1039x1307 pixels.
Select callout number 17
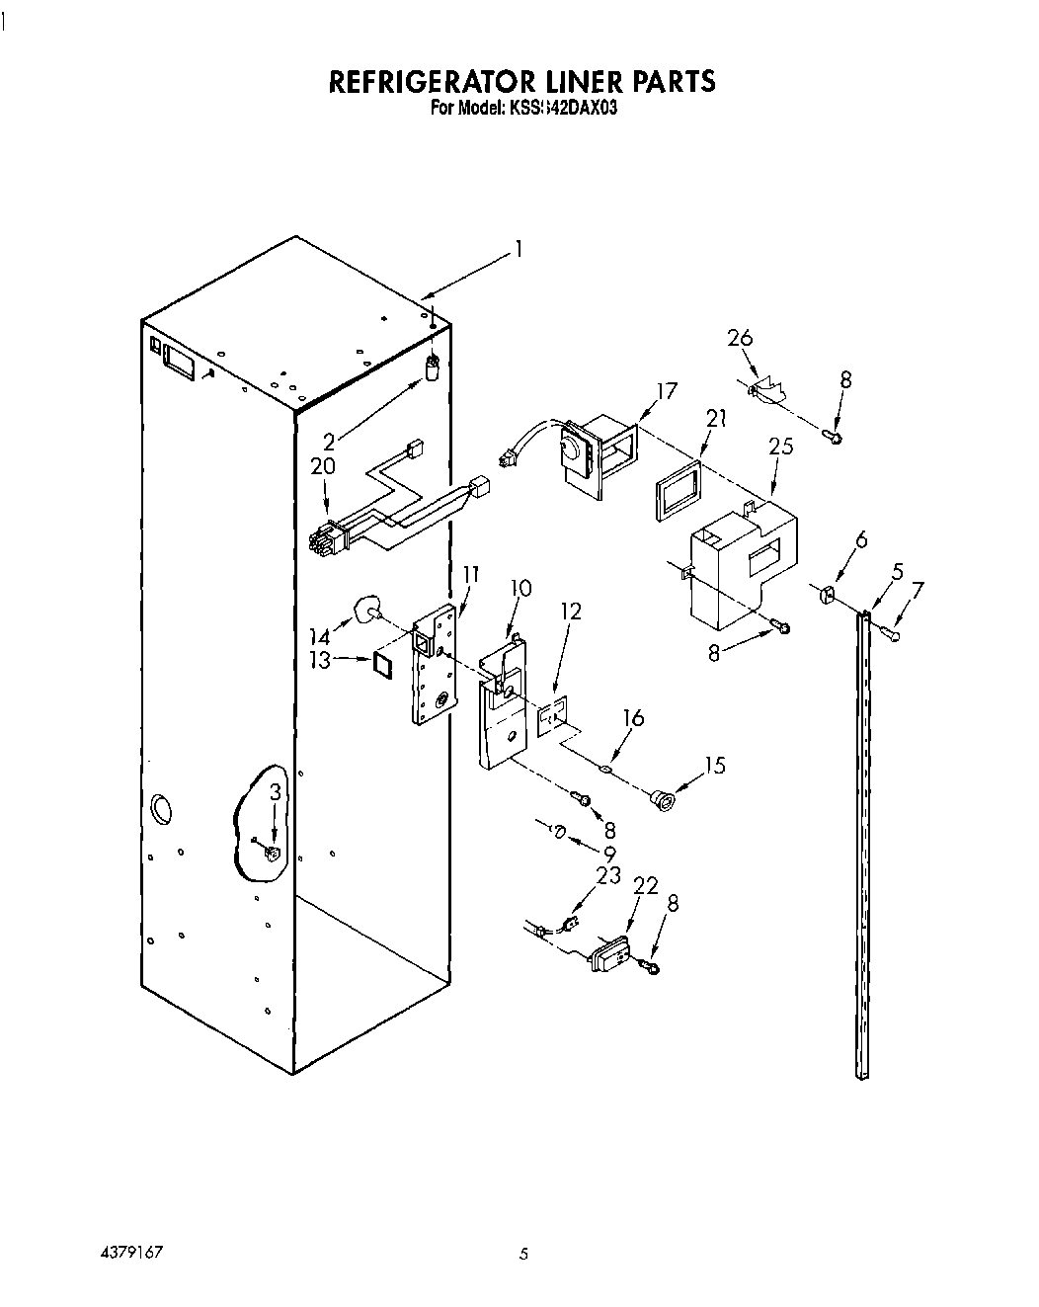(x=667, y=391)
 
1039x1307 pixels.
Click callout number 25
(x=780, y=447)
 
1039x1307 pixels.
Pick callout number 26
(x=740, y=338)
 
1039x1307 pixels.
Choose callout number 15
(x=714, y=765)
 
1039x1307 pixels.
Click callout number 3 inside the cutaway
(x=277, y=792)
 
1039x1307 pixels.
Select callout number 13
(x=320, y=661)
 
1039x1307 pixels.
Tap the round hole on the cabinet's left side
(x=159, y=808)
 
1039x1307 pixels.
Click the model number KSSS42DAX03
(x=563, y=109)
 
